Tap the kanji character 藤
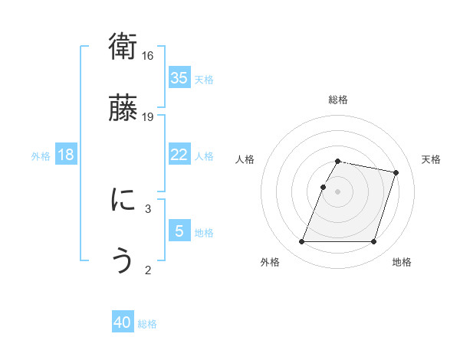[123, 109]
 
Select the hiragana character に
[123, 201]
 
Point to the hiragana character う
[123, 261]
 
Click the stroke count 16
[148, 56]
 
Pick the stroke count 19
[148, 116]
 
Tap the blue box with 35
[179, 78]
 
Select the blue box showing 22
[179, 155]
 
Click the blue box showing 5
[179, 231]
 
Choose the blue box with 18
[66, 155]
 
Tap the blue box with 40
[123, 323]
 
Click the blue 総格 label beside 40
[147, 324]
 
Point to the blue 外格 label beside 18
[41, 156]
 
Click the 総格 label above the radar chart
[337, 100]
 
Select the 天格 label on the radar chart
[431, 159]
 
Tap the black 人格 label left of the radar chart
[245, 159]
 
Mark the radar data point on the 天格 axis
[396, 173]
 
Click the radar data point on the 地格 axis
[373, 242]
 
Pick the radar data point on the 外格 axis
[302, 242]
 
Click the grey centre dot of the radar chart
[337, 191]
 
